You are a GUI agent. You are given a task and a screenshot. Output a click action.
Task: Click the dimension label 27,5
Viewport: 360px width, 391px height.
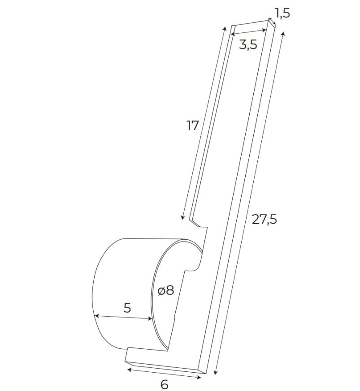coord(264,219)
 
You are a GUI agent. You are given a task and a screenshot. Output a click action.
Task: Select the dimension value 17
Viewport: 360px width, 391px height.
coord(192,126)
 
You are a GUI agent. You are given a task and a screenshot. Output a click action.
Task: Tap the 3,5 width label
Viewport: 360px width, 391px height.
coord(247,44)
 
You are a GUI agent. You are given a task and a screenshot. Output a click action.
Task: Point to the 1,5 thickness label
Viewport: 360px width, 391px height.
coord(282,13)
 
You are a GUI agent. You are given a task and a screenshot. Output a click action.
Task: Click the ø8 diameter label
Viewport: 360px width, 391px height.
coord(165,290)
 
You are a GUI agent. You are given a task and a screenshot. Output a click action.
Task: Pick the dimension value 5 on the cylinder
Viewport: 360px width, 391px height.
coord(127,308)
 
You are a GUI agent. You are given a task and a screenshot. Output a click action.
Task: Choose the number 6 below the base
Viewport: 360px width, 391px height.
coord(164,384)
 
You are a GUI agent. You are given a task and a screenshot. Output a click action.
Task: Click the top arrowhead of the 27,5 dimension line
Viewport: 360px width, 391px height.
coord(282,34)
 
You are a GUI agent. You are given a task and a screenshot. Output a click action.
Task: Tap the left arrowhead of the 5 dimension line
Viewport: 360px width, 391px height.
coord(96,316)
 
